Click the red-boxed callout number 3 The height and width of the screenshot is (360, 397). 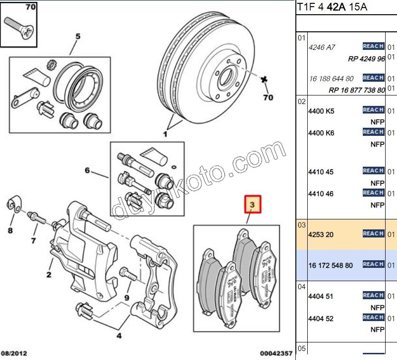click(253, 205)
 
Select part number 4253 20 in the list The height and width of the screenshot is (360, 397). click(321, 234)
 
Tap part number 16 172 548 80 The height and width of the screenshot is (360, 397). click(331, 265)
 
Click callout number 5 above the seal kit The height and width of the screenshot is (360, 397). click(78, 36)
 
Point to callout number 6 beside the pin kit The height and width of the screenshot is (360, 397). click(87, 170)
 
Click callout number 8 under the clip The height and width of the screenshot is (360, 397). click(10, 231)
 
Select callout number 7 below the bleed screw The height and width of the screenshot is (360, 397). click(33, 240)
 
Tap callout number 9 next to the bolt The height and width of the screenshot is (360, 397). click(127, 298)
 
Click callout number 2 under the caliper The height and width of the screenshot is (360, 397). click(48, 275)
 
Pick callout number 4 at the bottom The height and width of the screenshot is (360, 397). click(119, 336)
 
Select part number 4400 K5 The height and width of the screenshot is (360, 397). click(321, 111)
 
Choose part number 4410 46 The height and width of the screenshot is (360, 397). click(321, 194)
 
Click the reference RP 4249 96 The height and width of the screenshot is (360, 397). click(366, 59)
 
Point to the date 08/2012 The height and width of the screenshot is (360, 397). click(14, 353)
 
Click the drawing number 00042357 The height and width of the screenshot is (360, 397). click(276, 353)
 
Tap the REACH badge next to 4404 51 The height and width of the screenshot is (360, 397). click(373, 295)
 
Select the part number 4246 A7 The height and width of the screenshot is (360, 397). click(322, 47)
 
